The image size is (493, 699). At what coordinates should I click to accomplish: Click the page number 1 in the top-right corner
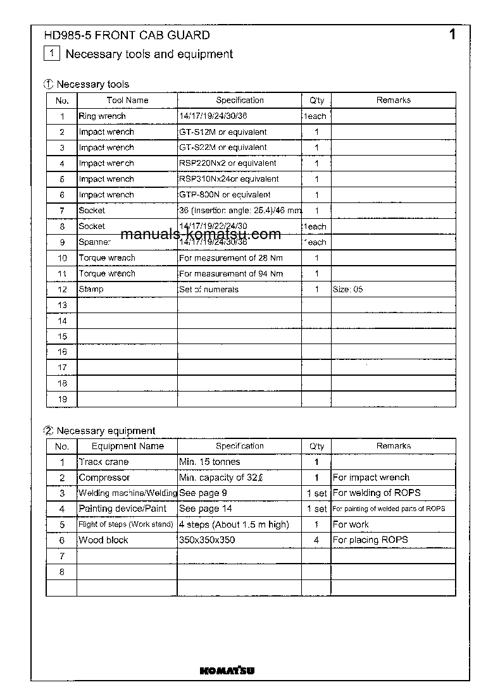tap(452, 35)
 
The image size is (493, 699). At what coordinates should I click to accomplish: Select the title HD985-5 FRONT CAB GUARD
tap(127, 35)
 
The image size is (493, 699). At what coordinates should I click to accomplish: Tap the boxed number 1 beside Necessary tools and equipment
tap(52, 54)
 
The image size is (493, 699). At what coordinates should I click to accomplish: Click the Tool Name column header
tap(127, 100)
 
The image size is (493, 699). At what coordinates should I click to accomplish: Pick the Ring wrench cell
tap(102, 116)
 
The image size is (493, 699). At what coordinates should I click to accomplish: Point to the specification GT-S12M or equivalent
tap(223, 132)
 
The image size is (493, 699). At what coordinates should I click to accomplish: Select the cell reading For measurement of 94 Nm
tap(231, 274)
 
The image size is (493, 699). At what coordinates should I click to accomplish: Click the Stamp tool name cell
tap(91, 289)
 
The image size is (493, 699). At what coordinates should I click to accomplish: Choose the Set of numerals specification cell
tap(209, 289)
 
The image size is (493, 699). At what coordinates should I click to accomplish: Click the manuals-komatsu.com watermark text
tap(200, 235)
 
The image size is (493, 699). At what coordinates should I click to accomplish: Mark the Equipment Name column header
tap(127, 446)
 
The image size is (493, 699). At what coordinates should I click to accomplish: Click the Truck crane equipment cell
tap(103, 462)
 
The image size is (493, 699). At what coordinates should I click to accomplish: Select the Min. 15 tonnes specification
tap(209, 462)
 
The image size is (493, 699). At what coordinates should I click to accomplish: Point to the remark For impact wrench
tap(371, 478)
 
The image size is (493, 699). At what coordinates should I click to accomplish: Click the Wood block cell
tap(103, 540)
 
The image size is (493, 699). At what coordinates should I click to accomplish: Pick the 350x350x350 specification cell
tap(207, 540)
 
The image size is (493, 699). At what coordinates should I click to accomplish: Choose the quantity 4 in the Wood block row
tap(316, 540)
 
